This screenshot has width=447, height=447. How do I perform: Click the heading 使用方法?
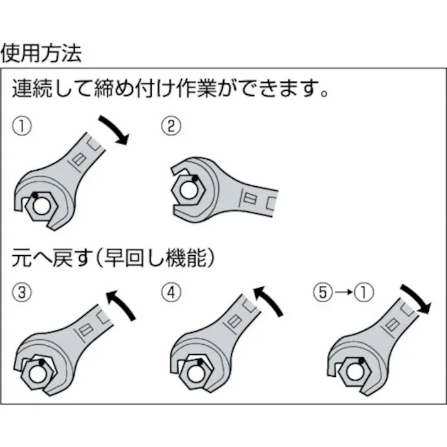point(41,53)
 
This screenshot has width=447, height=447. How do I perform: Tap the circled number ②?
point(171,127)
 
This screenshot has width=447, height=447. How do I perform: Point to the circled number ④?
point(171,292)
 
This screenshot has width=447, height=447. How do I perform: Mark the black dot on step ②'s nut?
point(196,178)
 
